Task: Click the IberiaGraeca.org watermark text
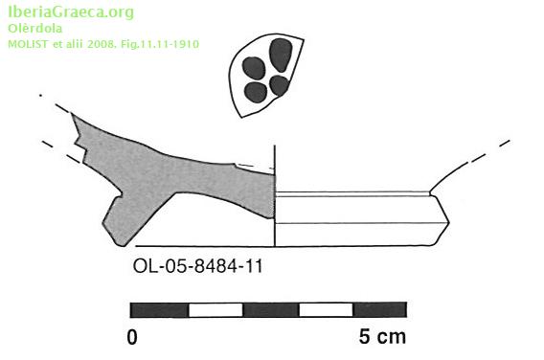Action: pyautogui.click(x=71, y=12)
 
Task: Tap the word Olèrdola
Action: pyautogui.click(x=35, y=29)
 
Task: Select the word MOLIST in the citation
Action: pyautogui.click(x=29, y=44)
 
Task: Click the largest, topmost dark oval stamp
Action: pyautogui.click(x=281, y=55)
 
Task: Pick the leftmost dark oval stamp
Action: pyautogui.click(x=254, y=68)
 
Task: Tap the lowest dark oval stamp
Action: pyautogui.click(x=256, y=92)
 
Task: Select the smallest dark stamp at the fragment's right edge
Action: pyautogui.click(x=279, y=85)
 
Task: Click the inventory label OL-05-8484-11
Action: pyautogui.click(x=197, y=266)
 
